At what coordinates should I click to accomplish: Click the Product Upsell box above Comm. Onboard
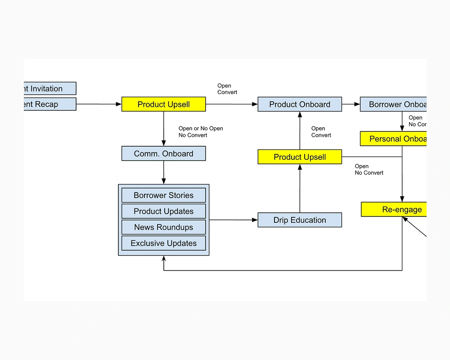(x=163, y=104)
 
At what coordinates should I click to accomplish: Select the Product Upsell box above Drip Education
(x=299, y=157)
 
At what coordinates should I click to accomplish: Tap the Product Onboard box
(x=299, y=104)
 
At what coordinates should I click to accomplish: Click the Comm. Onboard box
(x=163, y=153)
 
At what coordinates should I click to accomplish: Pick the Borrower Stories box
(x=163, y=195)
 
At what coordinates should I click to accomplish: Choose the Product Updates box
(x=163, y=211)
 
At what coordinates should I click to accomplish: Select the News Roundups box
(x=163, y=227)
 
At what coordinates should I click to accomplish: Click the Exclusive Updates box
(x=163, y=243)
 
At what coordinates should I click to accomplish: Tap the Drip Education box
(x=299, y=220)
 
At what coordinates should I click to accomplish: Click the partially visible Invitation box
(x=49, y=89)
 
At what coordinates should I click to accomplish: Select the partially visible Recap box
(x=49, y=104)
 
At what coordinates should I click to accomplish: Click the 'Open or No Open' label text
(x=201, y=129)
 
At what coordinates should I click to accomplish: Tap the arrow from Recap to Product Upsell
(x=99, y=104)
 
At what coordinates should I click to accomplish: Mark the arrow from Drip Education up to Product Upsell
(x=300, y=189)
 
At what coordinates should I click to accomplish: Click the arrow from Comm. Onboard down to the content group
(x=164, y=172)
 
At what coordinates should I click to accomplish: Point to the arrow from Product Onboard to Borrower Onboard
(x=351, y=104)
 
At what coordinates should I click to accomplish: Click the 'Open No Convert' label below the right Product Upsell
(x=369, y=170)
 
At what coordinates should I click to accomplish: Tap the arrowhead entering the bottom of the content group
(x=164, y=259)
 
